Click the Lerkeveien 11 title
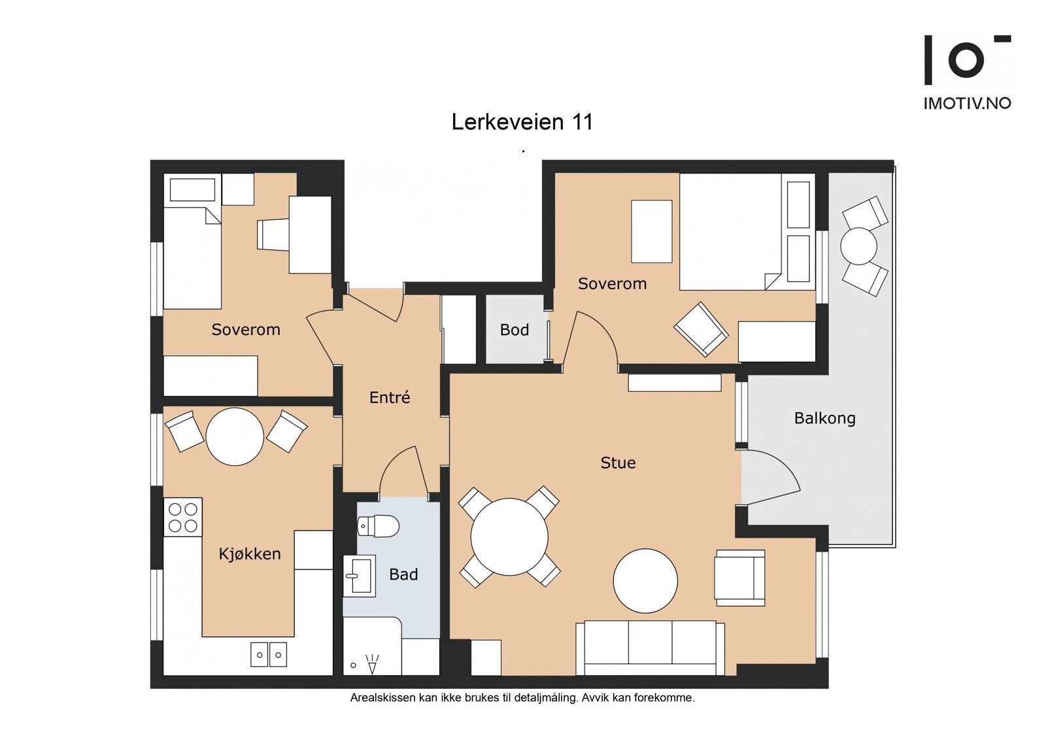coord(522,122)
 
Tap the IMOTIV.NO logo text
coord(967,103)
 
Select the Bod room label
coord(515,330)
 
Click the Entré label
coord(390,397)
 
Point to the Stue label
coord(618,463)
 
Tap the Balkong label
coord(824,418)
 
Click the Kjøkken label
coord(250,554)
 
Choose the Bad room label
coord(403,574)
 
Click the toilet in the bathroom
coord(379,526)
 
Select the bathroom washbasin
coord(360,576)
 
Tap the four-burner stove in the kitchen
coord(183,517)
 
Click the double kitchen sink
coord(269,654)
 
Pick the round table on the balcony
coord(858,246)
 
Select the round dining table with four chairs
coord(509,537)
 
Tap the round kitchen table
coord(235,436)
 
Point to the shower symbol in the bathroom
coord(372,664)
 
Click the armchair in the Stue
coord(739,578)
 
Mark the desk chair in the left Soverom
coord(273,235)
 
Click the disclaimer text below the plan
coord(522,698)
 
